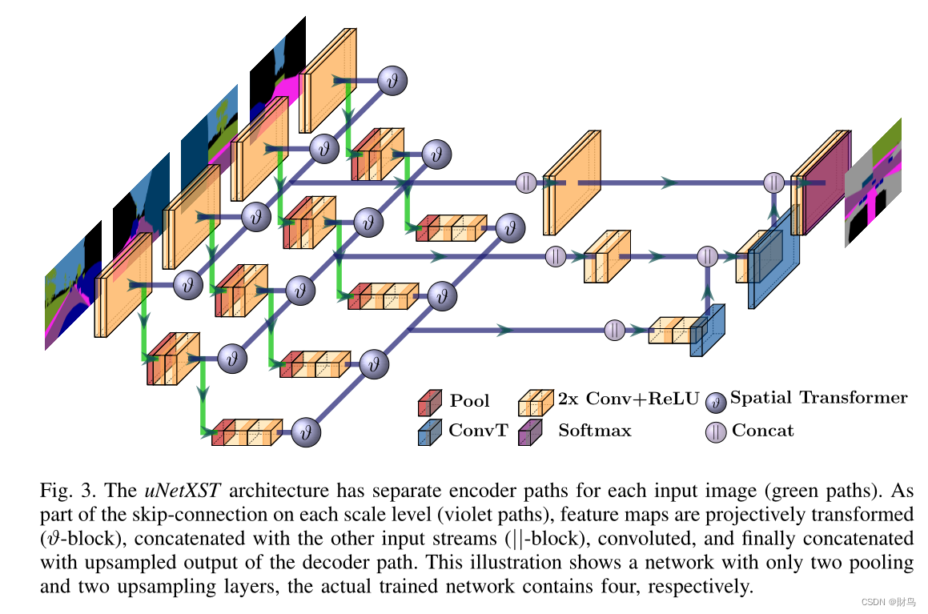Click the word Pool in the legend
click(x=469, y=401)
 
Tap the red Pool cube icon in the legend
click(x=430, y=403)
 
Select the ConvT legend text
click(x=478, y=430)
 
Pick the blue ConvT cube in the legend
click(x=430, y=432)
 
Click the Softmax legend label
click(x=595, y=430)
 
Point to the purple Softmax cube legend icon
click(x=530, y=432)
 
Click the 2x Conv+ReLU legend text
click(x=629, y=399)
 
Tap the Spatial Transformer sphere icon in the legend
click(x=716, y=402)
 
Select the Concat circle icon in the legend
click(x=716, y=431)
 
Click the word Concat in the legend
click(x=763, y=430)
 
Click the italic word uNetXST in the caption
click(x=183, y=491)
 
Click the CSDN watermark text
click(x=888, y=602)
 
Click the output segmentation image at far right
click(x=873, y=183)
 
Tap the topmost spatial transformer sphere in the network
click(x=392, y=80)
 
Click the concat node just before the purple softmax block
click(x=774, y=183)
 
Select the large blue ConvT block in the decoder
click(x=774, y=258)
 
